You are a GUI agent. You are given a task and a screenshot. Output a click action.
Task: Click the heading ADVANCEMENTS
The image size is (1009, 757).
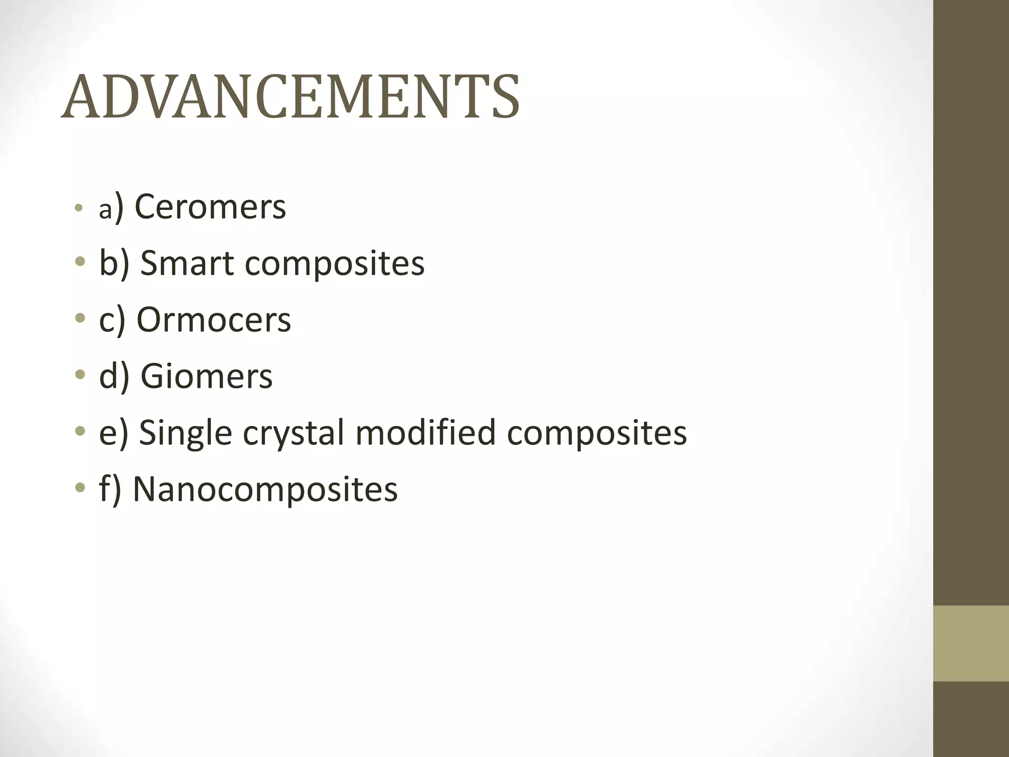click(x=291, y=97)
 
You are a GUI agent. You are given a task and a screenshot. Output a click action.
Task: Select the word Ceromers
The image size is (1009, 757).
click(x=210, y=207)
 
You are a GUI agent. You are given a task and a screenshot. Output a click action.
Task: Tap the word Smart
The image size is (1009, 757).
click(x=186, y=263)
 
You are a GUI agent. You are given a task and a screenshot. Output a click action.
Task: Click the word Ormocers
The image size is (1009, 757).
click(x=214, y=320)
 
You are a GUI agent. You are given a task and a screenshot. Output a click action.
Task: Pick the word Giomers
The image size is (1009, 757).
click(x=206, y=377)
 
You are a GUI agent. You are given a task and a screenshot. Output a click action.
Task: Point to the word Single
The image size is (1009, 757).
click(x=185, y=433)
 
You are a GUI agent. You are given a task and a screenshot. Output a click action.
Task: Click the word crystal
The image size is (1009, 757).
click(x=293, y=433)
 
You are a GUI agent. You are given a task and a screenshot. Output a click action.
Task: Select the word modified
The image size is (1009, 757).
click(x=425, y=432)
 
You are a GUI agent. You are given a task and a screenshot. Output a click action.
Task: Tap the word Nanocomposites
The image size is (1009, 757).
click(x=265, y=489)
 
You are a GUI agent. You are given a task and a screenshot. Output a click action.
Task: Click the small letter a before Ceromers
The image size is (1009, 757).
click(x=105, y=210)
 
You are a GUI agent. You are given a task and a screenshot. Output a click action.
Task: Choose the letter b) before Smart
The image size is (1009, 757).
click(x=114, y=263)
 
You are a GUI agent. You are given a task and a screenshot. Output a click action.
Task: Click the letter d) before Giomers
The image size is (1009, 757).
click(x=114, y=377)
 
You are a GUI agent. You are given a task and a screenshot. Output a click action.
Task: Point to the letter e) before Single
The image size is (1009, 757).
click(x=113, y=433)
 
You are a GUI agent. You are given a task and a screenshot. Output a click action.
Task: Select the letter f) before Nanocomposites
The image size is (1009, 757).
click(x=110, y=489)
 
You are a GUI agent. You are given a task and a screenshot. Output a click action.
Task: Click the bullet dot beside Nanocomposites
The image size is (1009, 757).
click(x=80, y=488)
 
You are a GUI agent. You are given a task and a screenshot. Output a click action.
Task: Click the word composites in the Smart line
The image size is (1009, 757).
click(x=335, y=264)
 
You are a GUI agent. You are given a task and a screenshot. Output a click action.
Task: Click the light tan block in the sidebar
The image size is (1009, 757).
click(x=971, y=643)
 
